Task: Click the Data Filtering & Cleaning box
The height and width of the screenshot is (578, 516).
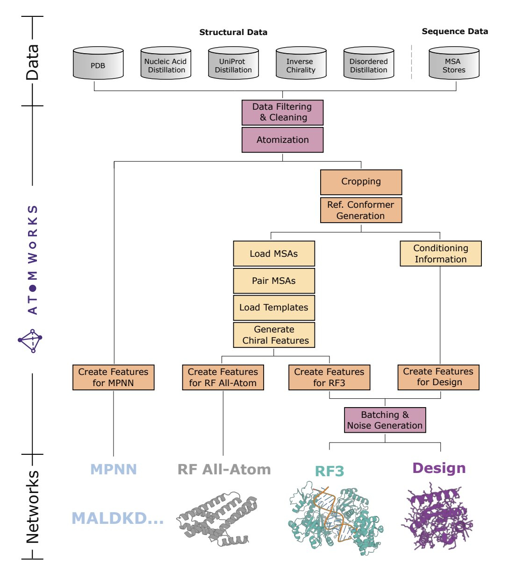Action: click(282, 113)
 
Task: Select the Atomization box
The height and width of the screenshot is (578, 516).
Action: click(282, 140)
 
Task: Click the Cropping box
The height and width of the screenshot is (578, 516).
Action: click(361, 182)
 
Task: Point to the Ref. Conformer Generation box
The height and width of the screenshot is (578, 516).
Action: click(361, 210)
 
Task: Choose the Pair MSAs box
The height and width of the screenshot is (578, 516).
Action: click(274, 281)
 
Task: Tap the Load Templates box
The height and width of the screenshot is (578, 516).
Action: click(274, 308)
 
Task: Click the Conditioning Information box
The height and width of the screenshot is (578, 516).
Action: click(440, 254)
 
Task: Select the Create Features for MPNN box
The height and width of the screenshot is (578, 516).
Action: click(113, 377)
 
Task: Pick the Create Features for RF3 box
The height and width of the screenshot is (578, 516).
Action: click(329, 377)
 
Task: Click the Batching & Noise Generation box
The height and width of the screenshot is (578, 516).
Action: click(385, 420)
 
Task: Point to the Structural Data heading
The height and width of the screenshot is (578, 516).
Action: click(233, 32)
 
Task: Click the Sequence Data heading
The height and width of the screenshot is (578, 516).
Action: click(455, 31)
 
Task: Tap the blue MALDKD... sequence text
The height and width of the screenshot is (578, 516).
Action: click(117, 518)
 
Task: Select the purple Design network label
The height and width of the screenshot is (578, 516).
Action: click(439, 468)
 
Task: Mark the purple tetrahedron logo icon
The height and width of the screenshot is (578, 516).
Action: click(30, 341)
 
